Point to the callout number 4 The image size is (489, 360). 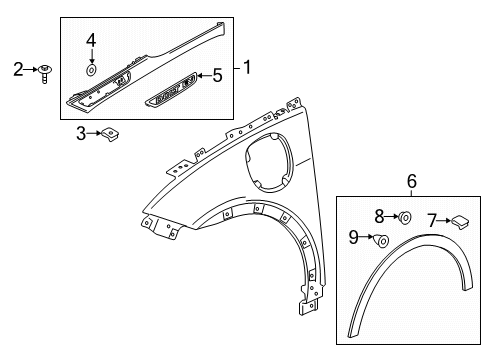click(91, 40)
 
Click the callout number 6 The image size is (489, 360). click(411, 181)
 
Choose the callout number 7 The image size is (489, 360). click(431, 219)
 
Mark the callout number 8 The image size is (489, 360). click(379, 215)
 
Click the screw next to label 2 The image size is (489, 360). click(47, 72)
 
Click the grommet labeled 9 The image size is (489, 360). click(382, 240)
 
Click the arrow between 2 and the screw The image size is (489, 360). click(32, 68)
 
